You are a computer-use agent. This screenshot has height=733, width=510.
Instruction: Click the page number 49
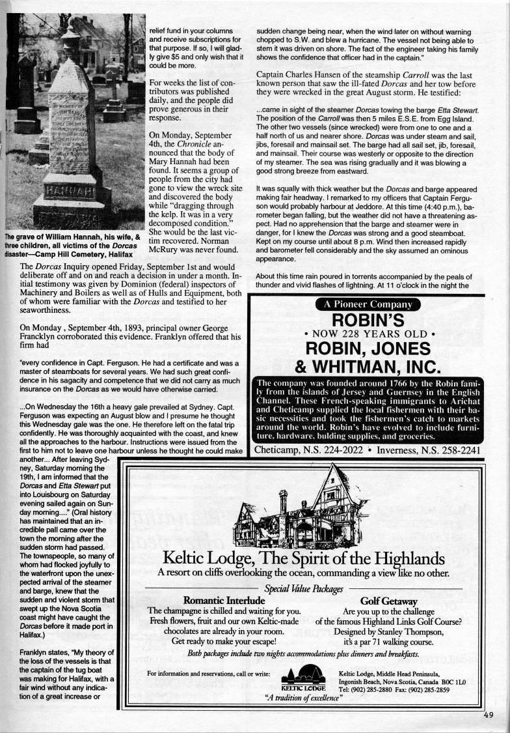(489, 714)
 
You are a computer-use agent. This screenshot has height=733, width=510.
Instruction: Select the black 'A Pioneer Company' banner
(368, 304)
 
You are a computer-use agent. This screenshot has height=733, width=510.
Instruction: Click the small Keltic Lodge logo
(303, 678)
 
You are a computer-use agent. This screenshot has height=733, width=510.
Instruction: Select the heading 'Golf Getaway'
(389, 600)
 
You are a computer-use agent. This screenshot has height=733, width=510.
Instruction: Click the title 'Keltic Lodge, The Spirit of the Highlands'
(303, 558)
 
